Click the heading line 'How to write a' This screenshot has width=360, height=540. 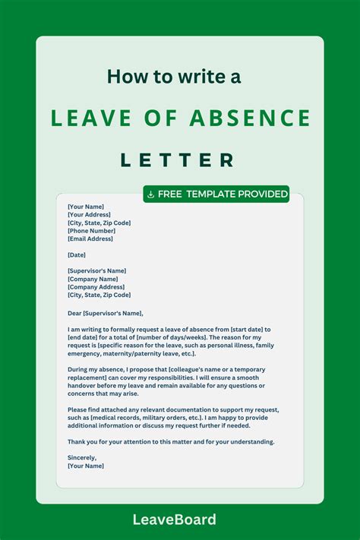pyautogui.click(x=179, y=77)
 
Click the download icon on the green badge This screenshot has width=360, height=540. pyautogui.click(x=151, y=194)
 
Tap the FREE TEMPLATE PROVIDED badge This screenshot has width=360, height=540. pyautogui.click(x=216, y=194)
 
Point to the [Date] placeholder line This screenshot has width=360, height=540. pyautogui.click(x=77, y=254)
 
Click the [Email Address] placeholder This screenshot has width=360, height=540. pyautogui.click(x=90, y=238)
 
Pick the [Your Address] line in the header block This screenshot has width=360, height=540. pyautogui.click(x=88, y=214)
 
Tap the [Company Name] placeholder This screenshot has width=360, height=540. pyautogui.click(x=92, y=279)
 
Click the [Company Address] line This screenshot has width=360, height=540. pyautogui.click(x=96, y=287)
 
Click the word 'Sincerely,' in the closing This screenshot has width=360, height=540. pyautogui.click(x=82, y=457)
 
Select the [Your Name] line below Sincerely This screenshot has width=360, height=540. pyautogui.click(x=86, y=466)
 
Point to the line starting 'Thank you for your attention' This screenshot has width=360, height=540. pyautogui.click(x=171, y=441)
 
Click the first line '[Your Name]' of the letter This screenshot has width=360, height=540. pyautogui.click(x=86, y=206)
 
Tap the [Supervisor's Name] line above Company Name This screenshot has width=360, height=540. pyautogui.click(x=96, y=270)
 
